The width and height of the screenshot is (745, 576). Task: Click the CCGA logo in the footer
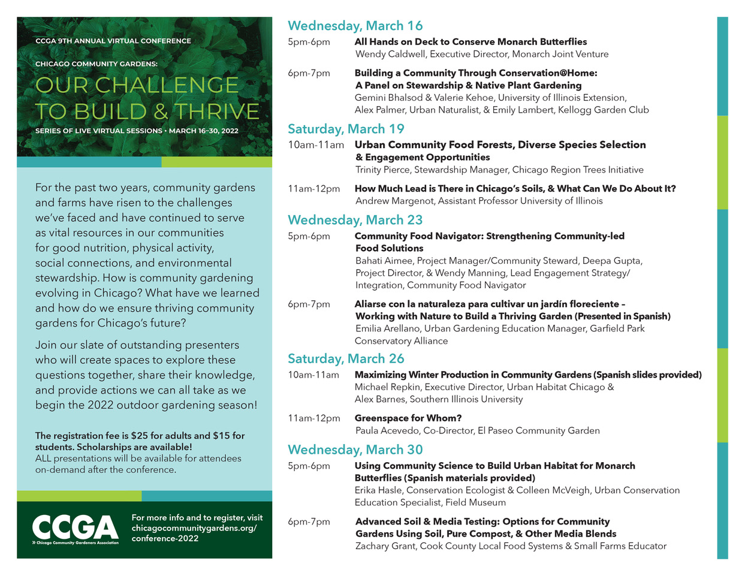[x=75, y=528]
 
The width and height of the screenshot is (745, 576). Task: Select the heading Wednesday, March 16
[x=355, y=26]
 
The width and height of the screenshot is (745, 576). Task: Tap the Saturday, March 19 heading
[x=346, y=129]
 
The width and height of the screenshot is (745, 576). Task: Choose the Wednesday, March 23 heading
[x=355, y=220]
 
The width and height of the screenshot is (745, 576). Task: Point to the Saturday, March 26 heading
[x=346, y=358]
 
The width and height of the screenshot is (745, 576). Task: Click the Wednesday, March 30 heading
[x=355, y=450]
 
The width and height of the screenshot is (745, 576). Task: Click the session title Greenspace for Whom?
[x=408, y=418]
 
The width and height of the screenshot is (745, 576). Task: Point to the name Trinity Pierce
[x=382, y=170]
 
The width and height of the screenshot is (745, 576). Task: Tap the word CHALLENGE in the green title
[x=167, y=85]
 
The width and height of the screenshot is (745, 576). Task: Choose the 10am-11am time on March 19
[x=316, y=144]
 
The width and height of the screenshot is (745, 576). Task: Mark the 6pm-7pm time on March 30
[x=309, y=521]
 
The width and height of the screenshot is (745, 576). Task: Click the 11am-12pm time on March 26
[x=313, y=418]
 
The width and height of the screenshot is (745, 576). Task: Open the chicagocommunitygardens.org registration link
[x=194, y=528]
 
